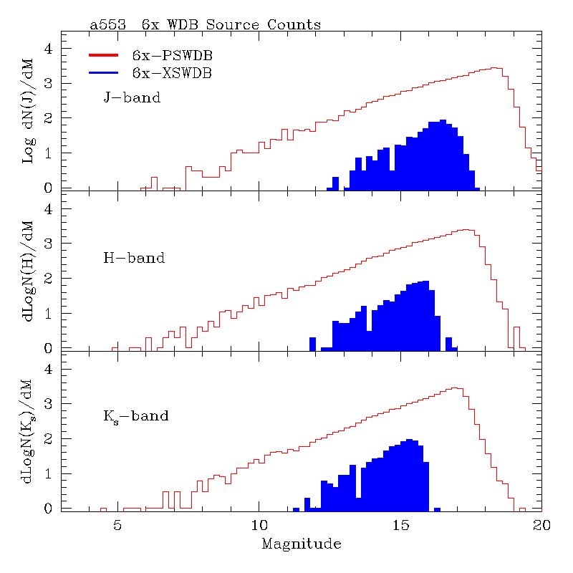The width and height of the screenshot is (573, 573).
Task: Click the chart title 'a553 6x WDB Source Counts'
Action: coord(205,24)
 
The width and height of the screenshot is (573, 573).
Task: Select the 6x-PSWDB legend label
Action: coord(172,55)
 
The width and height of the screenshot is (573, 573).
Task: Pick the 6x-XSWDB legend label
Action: coord(172,72)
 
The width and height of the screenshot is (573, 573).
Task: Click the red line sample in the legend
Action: coord(107,54)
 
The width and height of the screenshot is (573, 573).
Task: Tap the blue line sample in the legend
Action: coord(107,72)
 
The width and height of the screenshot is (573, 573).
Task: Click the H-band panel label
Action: coord(134,257)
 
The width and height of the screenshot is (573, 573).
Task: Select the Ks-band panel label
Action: coord(136,415)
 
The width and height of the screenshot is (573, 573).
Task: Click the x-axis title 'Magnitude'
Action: coord(301,544)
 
